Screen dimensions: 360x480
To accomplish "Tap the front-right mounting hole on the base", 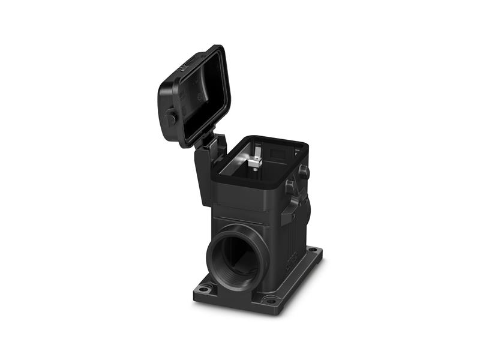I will (271, 299).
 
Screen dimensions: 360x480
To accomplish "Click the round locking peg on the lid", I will (170, 118).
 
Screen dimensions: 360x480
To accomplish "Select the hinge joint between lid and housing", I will (207, 142).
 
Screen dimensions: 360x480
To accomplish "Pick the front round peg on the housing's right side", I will (290, 187).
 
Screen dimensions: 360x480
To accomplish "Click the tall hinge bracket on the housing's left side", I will (203, 174).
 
